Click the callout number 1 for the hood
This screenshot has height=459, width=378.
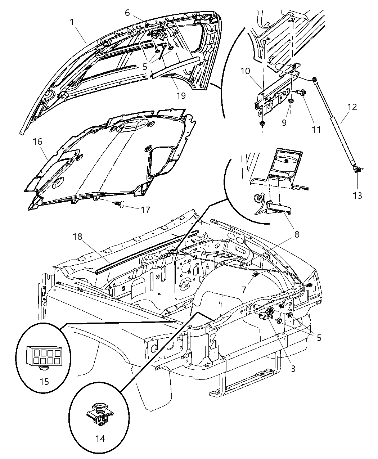[72, 22]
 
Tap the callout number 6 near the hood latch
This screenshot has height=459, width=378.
[127, 12]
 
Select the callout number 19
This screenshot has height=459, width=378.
[181, 95]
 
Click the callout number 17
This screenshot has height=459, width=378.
[145, 210]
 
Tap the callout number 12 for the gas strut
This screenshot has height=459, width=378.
[352, 107]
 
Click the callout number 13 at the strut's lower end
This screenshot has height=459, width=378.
[357, 195]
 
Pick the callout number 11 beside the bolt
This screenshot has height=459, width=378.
[316, 129]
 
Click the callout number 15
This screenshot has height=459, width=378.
[44, 381]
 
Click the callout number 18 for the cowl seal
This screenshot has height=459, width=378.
[78, 237]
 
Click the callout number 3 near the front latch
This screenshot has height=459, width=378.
[293, 368]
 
